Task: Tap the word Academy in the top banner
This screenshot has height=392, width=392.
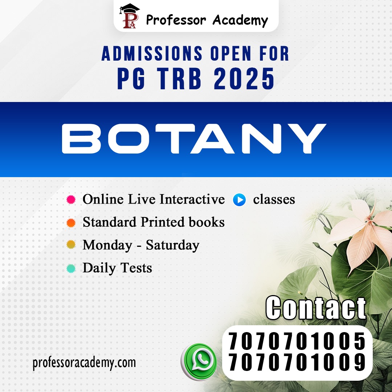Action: pyautogui.click(x=240, y=20)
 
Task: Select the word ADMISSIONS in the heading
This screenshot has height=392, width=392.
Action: pyautogui.click(x=152, y=53)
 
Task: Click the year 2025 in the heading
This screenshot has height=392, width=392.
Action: pyautogui.click(x=244, y=79)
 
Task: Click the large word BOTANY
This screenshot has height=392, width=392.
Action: pyautogui.click(x=194, y=139)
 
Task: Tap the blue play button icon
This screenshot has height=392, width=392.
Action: pyautogui.click(x=239, y=200)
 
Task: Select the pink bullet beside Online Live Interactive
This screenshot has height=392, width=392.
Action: pyautogui.click(x=71, y=200)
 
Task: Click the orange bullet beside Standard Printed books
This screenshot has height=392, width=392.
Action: pyautogui.click(x=71, y=222)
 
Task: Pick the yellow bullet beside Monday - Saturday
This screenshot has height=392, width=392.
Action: pyautogui.click(x=71, y=245)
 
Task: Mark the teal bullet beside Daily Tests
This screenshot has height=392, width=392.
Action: pyautogui.click(x=71, y=268)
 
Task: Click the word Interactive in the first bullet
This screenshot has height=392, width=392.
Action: pyautogui.click(x=192, y=199)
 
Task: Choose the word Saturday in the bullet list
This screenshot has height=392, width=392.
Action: pyautogui.click(x=172, y=245)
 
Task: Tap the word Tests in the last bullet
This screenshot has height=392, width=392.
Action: pyautogui.click(x=136, y=268)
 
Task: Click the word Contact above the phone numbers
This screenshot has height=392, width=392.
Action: pyautogui.click(x=316, y=308)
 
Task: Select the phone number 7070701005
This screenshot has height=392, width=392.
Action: pyautogui.click(x=297, y=341)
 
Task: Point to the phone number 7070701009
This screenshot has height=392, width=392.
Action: pyautogui.click(x=297, y=362)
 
